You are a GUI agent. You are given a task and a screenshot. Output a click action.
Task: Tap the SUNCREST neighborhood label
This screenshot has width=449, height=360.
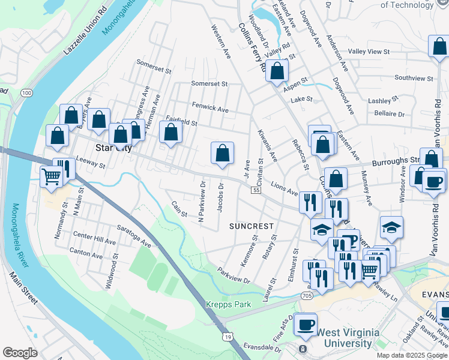(x=252, y=226)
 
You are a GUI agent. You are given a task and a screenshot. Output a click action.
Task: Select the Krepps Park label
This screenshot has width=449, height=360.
(x=229, y=304)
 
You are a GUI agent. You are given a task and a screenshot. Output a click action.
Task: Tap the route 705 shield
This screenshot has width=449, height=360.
(x=307, y=296)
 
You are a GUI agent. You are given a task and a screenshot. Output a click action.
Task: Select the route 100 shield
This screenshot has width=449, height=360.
(x=26, y=93)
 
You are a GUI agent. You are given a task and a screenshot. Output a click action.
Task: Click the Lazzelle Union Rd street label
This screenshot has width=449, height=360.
(x=87, y=33)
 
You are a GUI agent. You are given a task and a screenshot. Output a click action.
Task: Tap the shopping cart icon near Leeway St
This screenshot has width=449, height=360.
(x=52, y=177)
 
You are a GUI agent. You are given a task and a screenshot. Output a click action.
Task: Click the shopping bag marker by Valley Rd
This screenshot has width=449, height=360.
(x=277, y=71)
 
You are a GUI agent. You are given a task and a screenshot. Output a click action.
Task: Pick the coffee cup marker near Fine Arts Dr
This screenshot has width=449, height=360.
(x=306, y=324)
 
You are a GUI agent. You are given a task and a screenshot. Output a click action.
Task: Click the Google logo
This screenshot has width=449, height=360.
(x=20, y=353)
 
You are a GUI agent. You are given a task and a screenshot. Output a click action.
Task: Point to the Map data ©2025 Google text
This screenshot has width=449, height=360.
(x=412, y=355)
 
